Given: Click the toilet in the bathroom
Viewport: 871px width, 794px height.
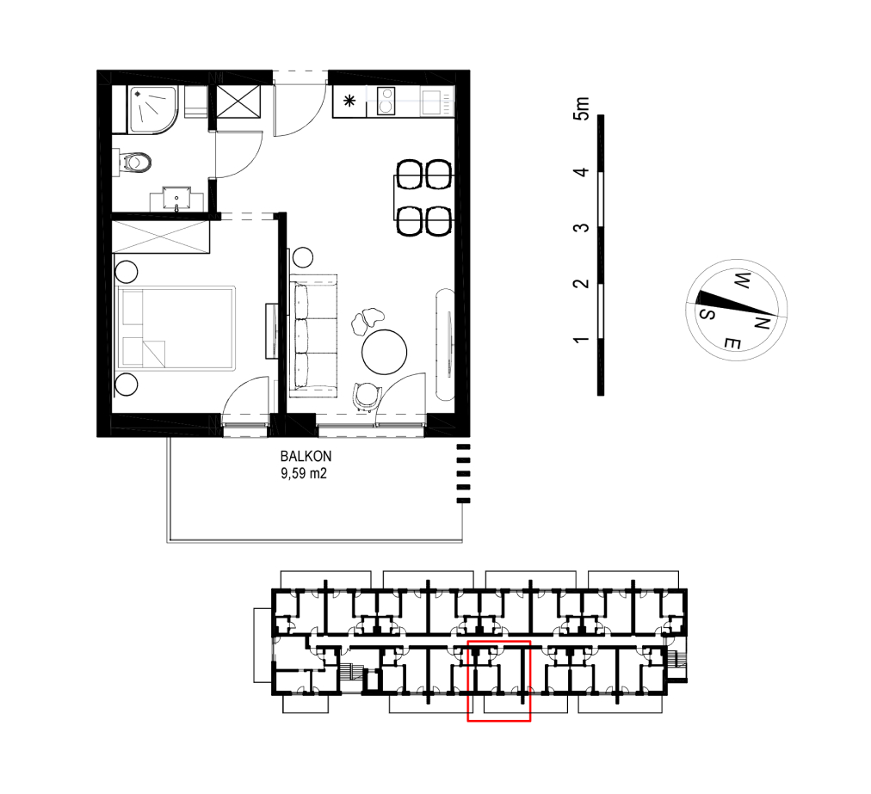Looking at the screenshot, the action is pos(133,163).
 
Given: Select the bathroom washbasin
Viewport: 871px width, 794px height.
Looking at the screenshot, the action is pos(176,199).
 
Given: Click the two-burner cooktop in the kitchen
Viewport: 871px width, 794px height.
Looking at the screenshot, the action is pos(386,101).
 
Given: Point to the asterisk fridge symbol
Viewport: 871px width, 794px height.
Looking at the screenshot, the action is pos(349,101).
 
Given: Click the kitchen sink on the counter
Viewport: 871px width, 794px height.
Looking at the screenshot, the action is pos(431,102).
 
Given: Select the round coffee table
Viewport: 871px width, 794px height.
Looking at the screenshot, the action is pos(384,352).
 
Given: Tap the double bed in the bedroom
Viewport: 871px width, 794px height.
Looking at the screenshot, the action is pos(175,328).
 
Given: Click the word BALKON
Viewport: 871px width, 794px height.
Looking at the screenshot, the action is pos(306,457).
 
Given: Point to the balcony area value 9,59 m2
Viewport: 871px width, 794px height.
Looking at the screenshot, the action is pos(303,474).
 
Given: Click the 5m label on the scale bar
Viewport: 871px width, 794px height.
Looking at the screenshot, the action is pos(582,108).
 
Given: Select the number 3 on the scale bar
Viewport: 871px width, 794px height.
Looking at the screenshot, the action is pos(581,228).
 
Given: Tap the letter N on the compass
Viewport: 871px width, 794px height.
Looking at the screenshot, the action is pos(762,322).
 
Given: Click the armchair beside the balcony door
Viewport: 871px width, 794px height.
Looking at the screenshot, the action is pos(366,397).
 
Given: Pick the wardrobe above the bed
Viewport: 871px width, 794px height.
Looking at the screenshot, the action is pos(161,237).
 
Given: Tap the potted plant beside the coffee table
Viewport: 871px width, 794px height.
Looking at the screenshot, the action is pos(368,320).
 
